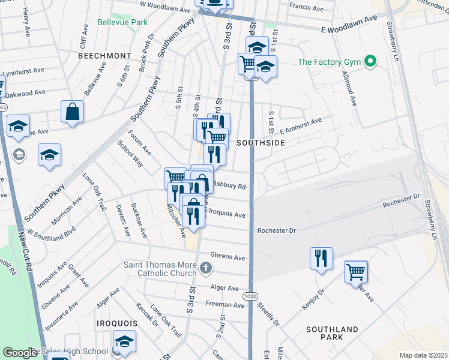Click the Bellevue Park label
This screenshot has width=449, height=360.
pyautogui.click(x=122, y=22)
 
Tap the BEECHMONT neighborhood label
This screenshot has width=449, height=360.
pyautogui.click(x=104, y=55)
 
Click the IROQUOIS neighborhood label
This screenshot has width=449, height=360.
pyautogui.click(x=117, y=323)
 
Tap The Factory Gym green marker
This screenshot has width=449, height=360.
pyautogui.click(x=371, y=61)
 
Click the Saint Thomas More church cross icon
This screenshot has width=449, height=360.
pyautogui.click(x=206, y=267)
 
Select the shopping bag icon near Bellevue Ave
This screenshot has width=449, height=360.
pyautogui.click(x=72, y=112)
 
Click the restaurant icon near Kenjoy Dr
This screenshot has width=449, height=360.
pyautogui.click(x=321, y=258)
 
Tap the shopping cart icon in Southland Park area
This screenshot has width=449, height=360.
pyautogui.click(x=356, y=271)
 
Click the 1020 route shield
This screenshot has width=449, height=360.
pyautogui.click(x=250, y=296)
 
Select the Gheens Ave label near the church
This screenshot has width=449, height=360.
pyautogui.click(x=230, y=257)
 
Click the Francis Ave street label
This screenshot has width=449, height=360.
pyautogui.click(x=306, y=7)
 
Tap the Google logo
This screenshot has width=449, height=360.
pyautogui.click(x=20, y=353)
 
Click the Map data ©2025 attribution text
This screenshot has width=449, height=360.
pyautogui.click(x=423, y=355)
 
